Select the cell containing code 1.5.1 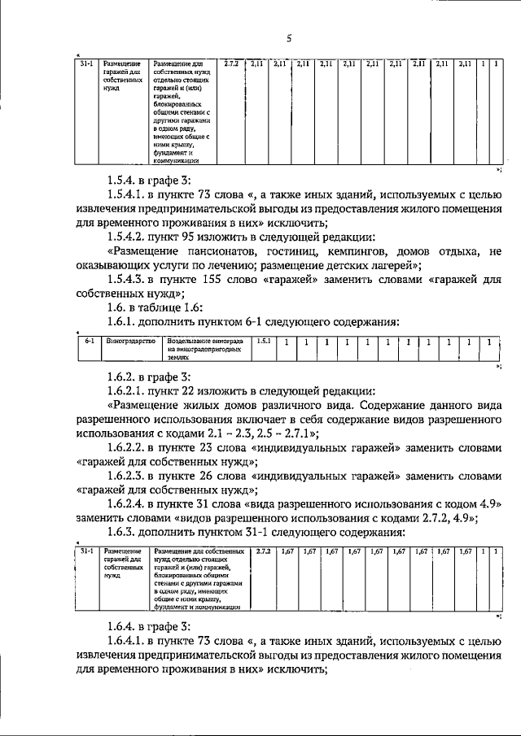pos(263,342)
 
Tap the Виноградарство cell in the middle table pos(131,342)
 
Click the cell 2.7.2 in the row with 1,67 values pos(263,551)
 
